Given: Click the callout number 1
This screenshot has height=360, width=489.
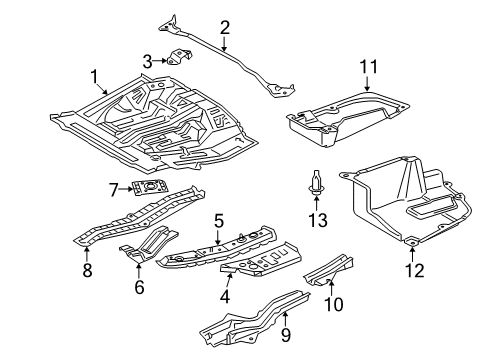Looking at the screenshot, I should point(95,75).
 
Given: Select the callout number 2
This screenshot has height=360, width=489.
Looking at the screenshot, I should point(225,27).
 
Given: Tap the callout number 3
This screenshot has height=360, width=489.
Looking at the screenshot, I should point(148,62).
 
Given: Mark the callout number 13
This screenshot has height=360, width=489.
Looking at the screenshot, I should point(318,219).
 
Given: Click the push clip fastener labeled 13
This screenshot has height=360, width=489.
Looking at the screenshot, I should point(317,187).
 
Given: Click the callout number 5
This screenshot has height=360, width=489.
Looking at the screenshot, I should point(218,221).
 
